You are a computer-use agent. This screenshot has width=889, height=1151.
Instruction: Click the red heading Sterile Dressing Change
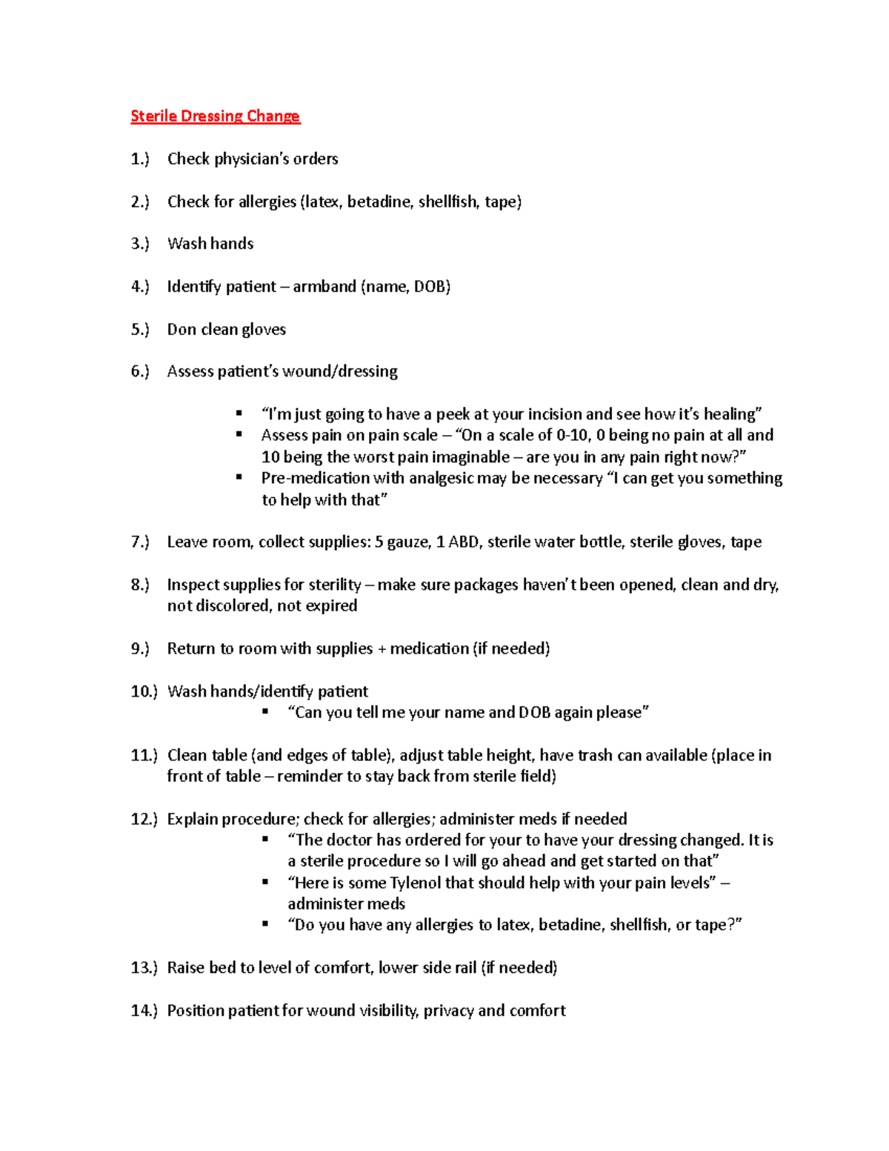[x=215, y=116]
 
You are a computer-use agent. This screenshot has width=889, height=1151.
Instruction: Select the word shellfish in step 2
[x=447, y=202]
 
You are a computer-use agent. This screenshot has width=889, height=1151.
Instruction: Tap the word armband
[x=324, y=287]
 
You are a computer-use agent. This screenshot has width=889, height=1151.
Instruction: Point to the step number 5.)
[x=140, y=330]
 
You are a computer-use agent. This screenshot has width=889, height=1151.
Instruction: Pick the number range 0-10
[x=570, y=435]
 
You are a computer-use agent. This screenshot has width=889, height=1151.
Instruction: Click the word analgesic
[x=441, y=478]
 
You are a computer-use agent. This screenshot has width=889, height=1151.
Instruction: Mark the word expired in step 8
[x=331, y=606]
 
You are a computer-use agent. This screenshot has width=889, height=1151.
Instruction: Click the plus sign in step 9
[x=382, y=649]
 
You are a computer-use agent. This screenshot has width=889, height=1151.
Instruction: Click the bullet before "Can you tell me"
[x=265, y=712]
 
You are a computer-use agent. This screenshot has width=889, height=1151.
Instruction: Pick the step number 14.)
[x=144, y=1011]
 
